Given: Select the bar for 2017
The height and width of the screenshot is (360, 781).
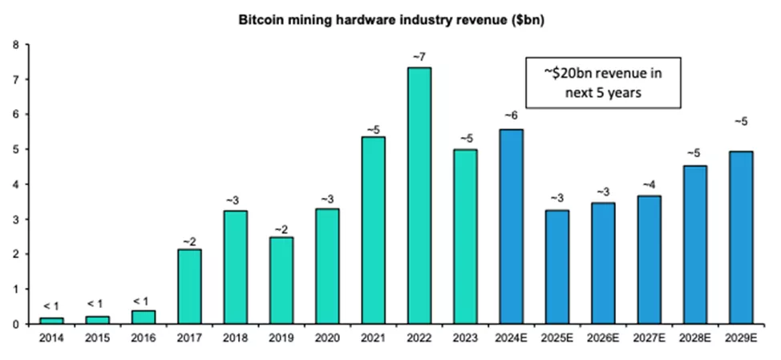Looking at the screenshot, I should (188, 286).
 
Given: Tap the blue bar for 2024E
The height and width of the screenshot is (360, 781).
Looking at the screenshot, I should (512, 227).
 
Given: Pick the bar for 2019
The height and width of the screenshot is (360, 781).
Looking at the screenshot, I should (281, 281).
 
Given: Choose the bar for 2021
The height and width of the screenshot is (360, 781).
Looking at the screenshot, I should (373, 230).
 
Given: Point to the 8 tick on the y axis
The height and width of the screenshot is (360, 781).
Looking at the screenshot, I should (17, 45).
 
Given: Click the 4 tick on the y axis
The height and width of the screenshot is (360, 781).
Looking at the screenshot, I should (17, 184).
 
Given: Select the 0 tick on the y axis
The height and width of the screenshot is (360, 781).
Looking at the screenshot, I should (17, 324).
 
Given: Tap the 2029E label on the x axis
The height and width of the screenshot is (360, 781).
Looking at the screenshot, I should (743, 338).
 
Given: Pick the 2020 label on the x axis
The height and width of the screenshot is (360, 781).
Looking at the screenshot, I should (327, 338).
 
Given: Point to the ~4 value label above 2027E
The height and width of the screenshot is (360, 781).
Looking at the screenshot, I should (649, 185).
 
